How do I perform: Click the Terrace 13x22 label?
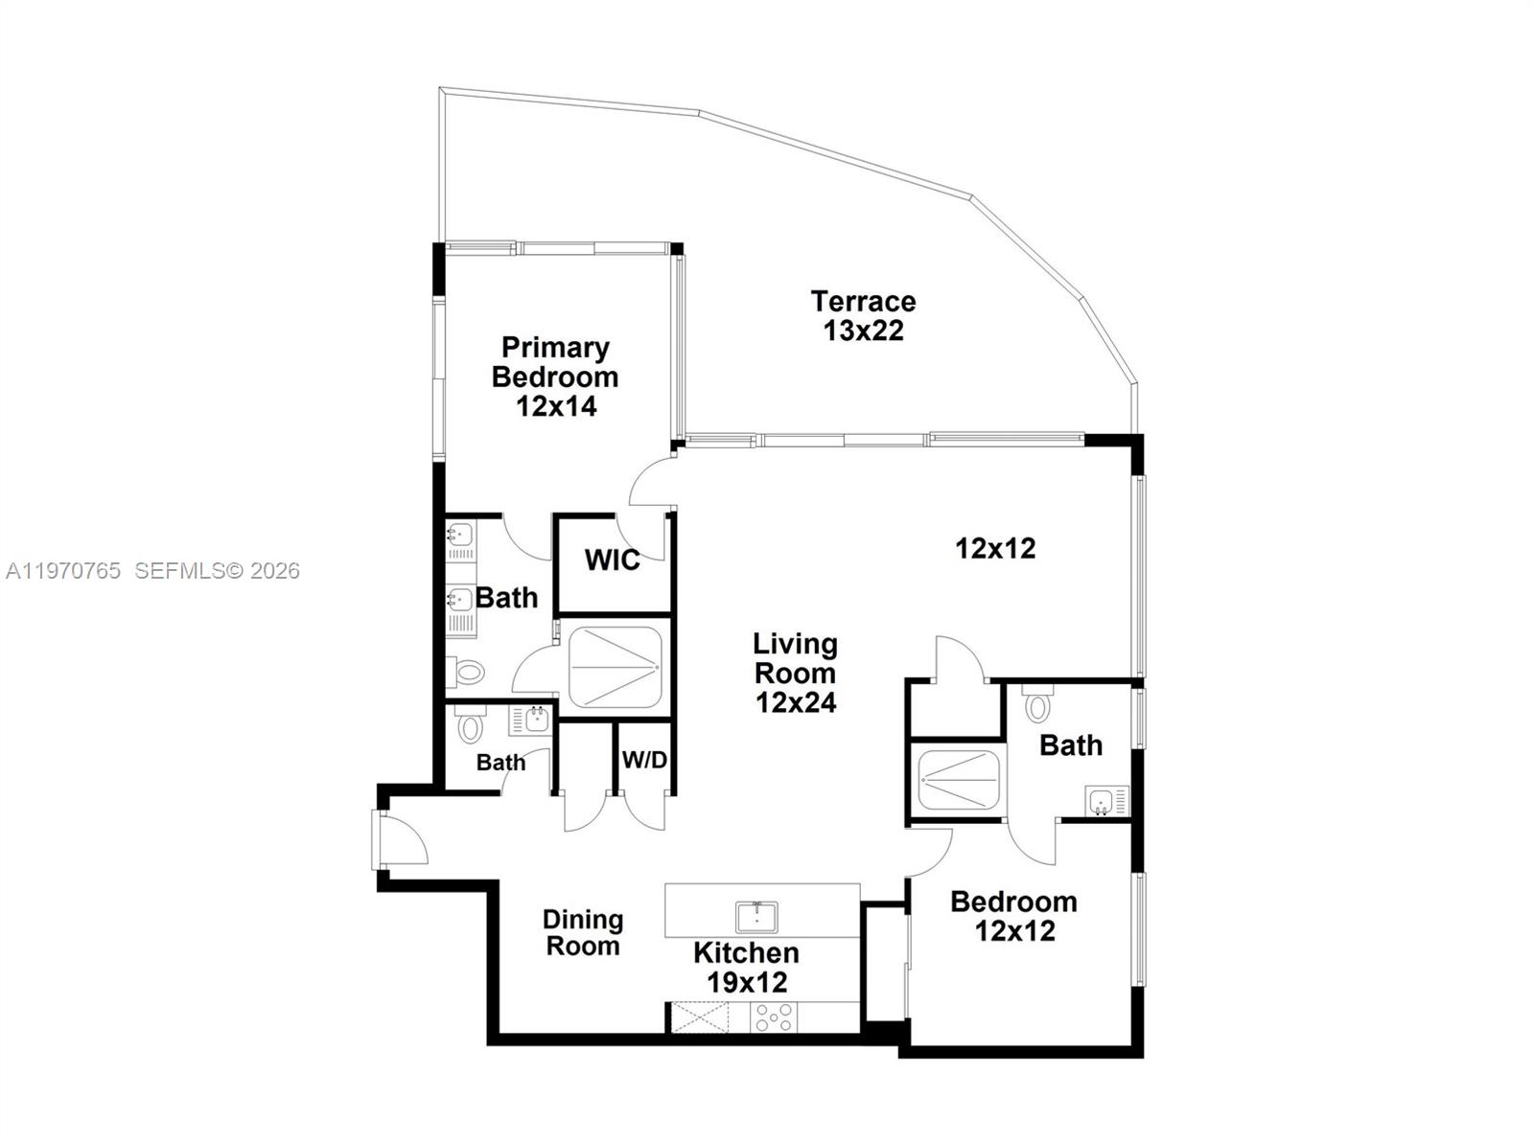(x=863, y=316)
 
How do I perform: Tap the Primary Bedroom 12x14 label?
(x=555, y=377)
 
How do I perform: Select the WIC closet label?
(x=613, y=560)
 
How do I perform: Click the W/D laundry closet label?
(x=644, y=761)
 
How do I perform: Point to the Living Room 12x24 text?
(x=795, y=673)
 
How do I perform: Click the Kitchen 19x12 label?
(x=746, y=968)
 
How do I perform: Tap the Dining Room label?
(x=582, y=933)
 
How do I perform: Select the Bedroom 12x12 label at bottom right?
(x=1014, y=916)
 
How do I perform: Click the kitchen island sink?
(x=756, y=917)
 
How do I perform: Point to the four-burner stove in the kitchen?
(x=773, y=1017)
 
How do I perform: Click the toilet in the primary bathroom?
(x=466, y=673)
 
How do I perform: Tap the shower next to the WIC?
(x=615, y=667)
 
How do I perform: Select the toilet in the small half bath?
(x=469, y=725)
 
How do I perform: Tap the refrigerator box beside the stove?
(x=699, y=1017)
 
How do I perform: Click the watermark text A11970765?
(x=63, y=571)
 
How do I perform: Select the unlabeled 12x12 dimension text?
(x=995, y=549)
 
